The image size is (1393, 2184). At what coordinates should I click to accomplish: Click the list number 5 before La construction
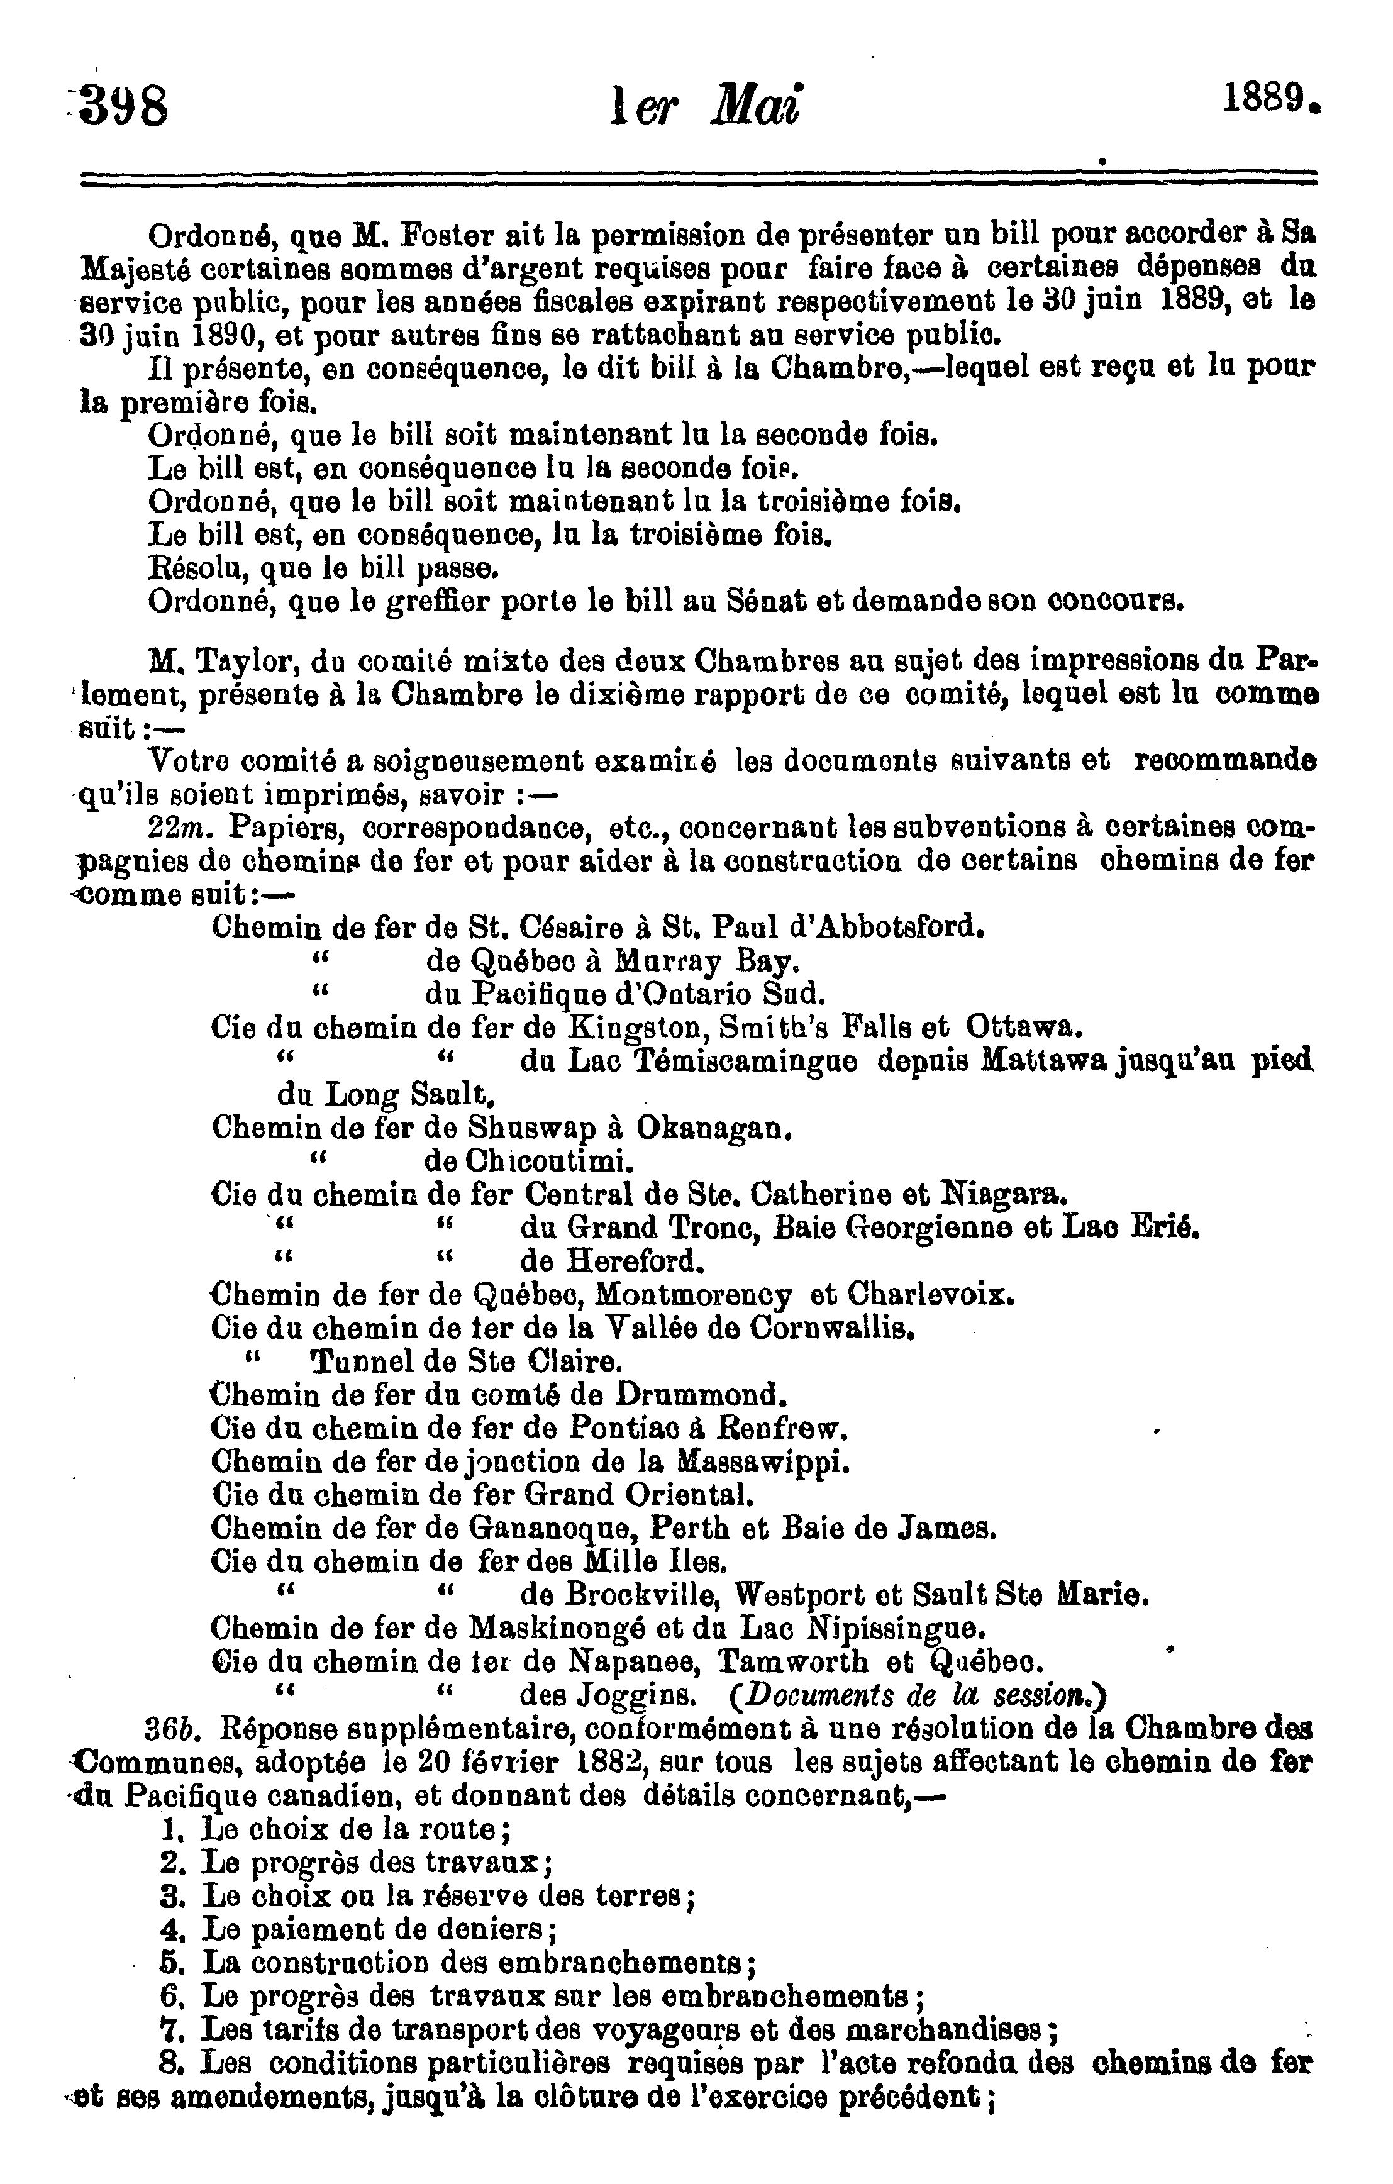click(167, 1964)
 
